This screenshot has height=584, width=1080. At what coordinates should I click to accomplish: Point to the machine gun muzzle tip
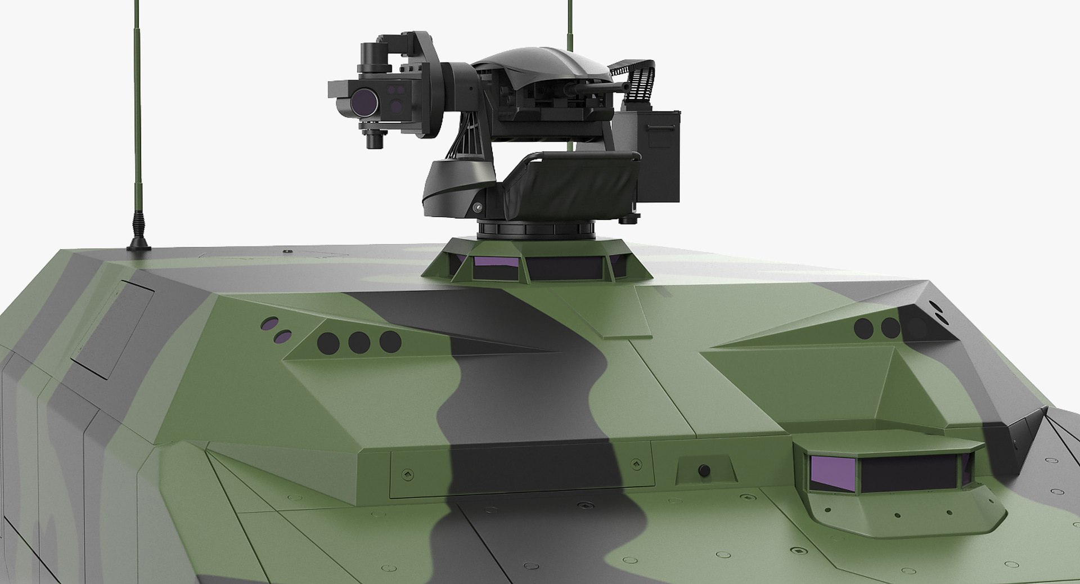point(626,87)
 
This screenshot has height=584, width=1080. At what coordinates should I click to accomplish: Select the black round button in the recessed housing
point(703,470)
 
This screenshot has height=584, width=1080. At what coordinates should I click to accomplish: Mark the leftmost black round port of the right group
point(863,327)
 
